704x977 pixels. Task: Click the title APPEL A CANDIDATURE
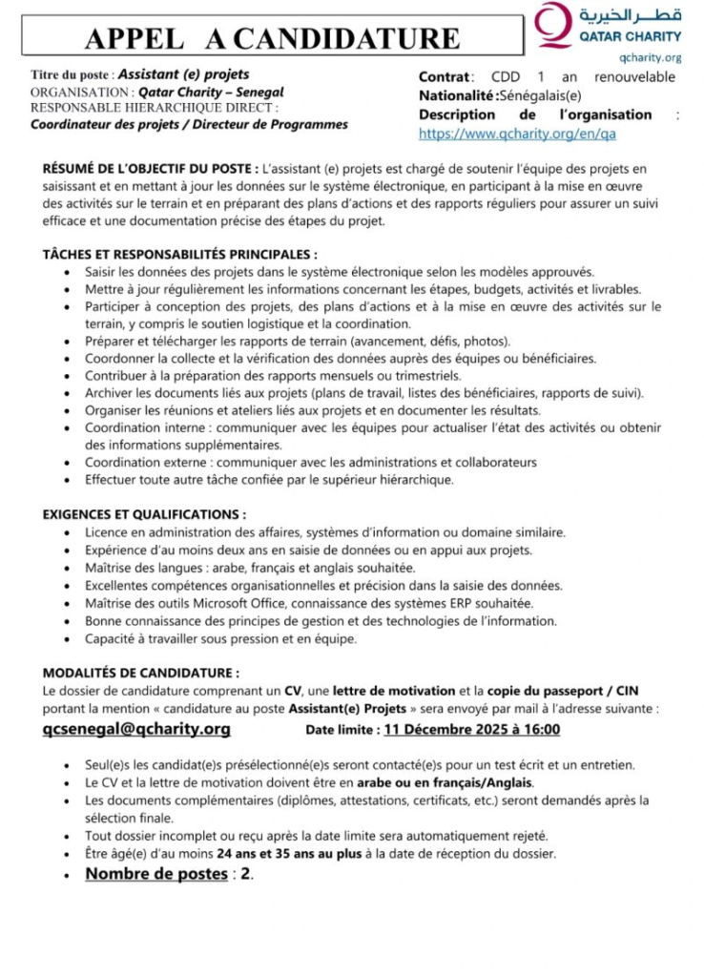[x=272, y=39]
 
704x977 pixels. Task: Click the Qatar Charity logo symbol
[x=552, y=26]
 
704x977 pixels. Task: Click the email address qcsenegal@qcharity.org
[x=136, y=730]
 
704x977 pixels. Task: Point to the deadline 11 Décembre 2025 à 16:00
[x=471, y=731]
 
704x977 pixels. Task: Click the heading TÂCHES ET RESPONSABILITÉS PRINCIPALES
[x=180, y=255]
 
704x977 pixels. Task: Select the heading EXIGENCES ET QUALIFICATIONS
[x=144, y=513]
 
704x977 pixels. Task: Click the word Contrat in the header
[x=445, y=76]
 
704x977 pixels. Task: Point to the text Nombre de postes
[x=156, y=874]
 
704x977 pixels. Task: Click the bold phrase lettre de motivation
[x=386, y=690]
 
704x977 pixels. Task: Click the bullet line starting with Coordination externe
[x=310, y=462]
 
